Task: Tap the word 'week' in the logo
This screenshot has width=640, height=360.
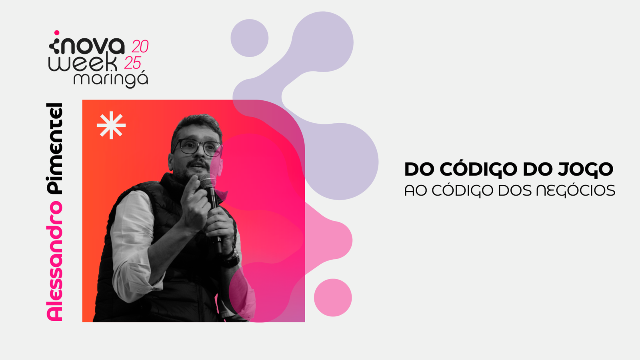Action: pos(83,63)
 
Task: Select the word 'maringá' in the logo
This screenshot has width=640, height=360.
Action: pos(111,79)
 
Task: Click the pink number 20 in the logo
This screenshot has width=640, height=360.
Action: pos(140,46)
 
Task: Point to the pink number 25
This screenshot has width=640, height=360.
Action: pos(133,63)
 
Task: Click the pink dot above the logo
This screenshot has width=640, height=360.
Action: pos(57,33)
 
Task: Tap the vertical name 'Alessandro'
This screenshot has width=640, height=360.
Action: pos(54,261)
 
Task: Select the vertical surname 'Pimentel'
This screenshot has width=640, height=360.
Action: pos(54,149)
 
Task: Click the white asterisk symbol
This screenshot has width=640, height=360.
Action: pos(111,125)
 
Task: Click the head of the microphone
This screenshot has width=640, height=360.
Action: pos(208,180)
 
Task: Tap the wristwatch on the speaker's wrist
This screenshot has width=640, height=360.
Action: pos(232,257)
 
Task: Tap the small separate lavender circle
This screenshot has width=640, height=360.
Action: pos(250,38)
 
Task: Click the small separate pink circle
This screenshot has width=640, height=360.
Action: pos(333,298)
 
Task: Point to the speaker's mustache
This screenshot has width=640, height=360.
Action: pos(198,164)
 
